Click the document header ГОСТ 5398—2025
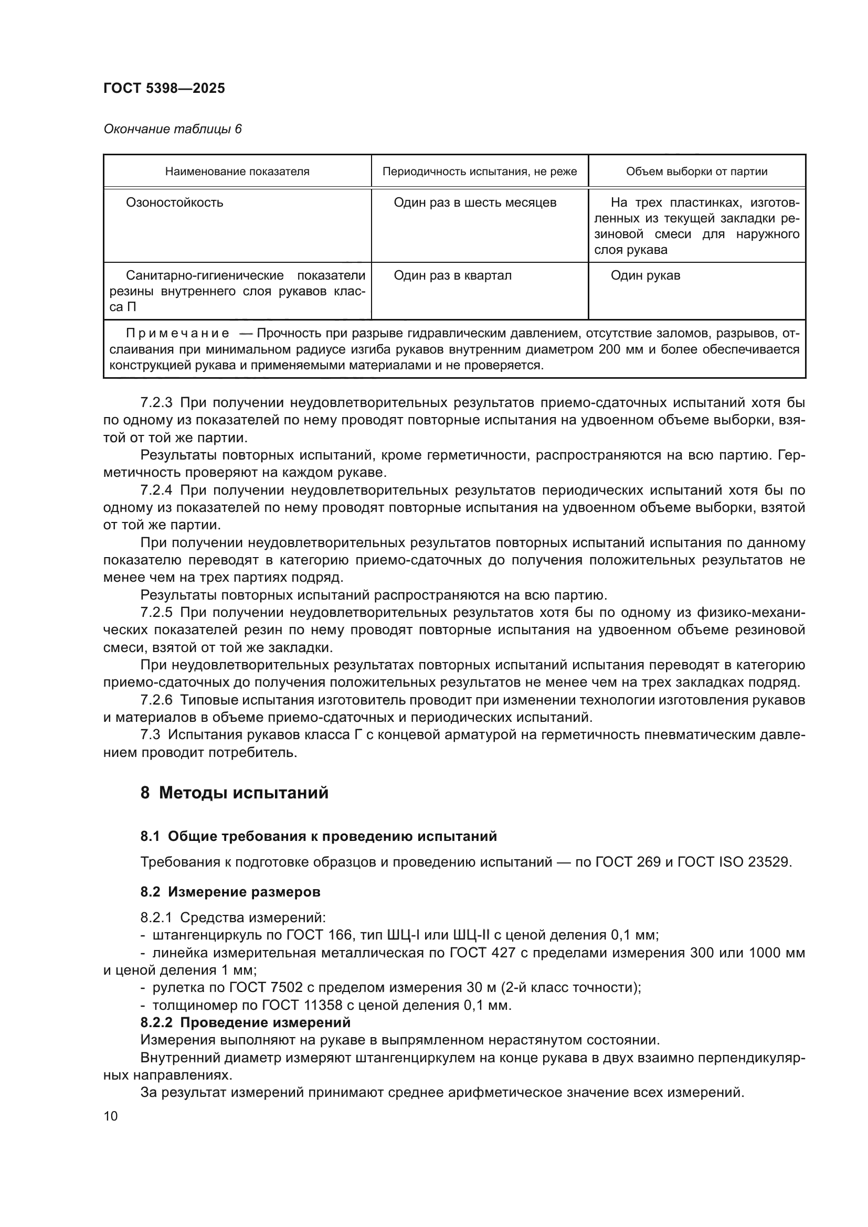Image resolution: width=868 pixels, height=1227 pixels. click(x=164, y=88)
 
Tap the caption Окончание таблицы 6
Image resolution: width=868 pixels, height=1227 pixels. click(x=172, y=129)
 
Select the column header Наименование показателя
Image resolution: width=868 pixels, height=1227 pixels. click(x=237, y=172)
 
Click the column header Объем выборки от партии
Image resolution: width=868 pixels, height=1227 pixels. click(x=696, y=172)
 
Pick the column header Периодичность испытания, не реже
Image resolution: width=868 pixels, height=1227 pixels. click(x=480, y=172)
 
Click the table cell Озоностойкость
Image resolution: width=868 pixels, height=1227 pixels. click(x=174, y=203)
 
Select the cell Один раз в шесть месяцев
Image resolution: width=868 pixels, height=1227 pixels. click(x=474, y=203)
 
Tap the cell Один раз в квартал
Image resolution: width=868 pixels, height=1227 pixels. click(x=452, y=276)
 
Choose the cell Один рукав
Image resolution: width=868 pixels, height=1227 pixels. click(x=645, y=276)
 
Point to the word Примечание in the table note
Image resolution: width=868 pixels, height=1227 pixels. click(x=177, y=334)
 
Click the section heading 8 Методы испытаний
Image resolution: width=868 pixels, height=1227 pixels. click(x=234, y=793)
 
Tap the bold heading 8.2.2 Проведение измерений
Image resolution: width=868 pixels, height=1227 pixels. click(x=245, y=1023)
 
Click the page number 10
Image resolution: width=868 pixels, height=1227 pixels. click(x=111, y=1116)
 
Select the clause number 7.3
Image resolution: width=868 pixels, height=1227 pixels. click(x=150, y=735)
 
